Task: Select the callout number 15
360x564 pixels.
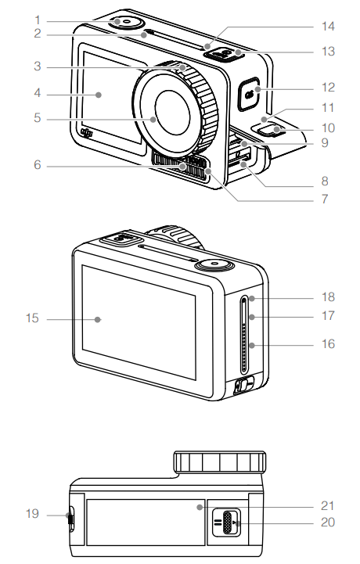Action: [x=32, y=319]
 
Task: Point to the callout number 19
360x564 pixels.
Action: [x=32, y=514]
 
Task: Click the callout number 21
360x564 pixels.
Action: [x=328, y=506]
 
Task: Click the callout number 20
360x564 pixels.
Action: [x=328, y=523]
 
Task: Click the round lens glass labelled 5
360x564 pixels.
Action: [x=171, y=109]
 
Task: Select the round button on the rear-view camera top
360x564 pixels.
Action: [x=212, y=266]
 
